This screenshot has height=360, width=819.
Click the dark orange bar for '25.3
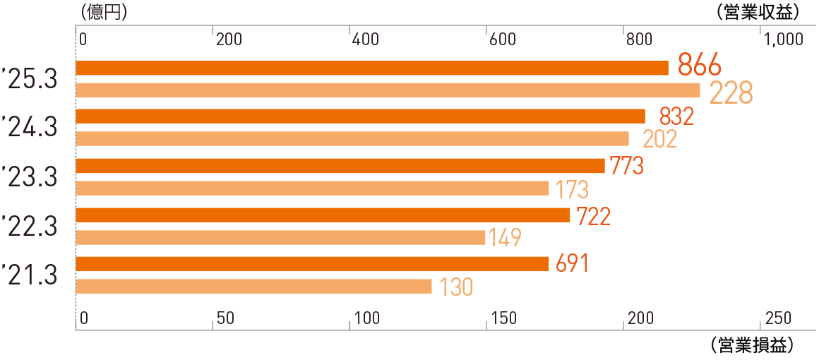coord(371,68)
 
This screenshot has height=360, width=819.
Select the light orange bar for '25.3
coord(387,90)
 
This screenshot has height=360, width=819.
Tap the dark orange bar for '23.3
coord(340,166)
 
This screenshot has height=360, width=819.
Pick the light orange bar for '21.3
coord(253,286)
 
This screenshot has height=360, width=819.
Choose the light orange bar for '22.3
coord(280,237)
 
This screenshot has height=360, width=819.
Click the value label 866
coord(699,65)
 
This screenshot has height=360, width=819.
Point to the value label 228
coord(731,92)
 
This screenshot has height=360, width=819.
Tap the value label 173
coord(572,189)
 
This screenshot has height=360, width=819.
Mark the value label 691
coord(572,263)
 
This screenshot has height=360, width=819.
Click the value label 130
coord(456,287)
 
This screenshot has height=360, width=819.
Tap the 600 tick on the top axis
coord(502,40)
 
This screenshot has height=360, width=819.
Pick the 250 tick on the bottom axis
coord(779,318)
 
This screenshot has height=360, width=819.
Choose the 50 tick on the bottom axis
coord(226,318)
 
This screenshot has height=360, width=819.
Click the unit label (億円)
coord(104,11)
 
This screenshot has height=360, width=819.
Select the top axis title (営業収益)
coord(756,11)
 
